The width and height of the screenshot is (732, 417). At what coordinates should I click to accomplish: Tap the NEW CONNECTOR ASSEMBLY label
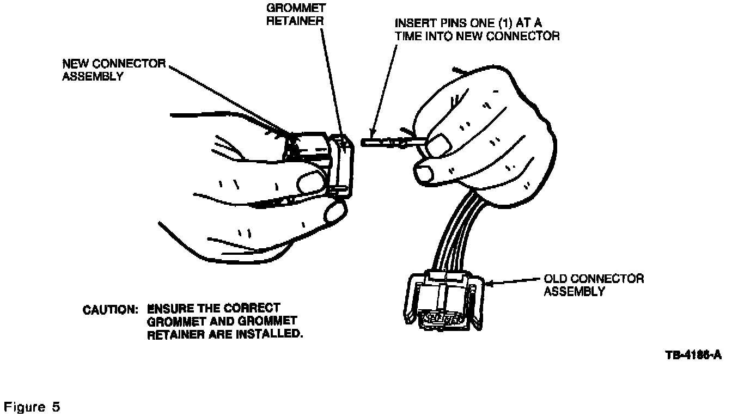pos(113,70)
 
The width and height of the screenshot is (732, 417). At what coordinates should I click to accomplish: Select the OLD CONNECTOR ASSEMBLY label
pos(594,285)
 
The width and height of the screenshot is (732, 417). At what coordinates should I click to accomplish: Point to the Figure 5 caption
pos(32,407)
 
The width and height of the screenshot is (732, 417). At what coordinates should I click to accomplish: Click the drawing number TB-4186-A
pos(693,355)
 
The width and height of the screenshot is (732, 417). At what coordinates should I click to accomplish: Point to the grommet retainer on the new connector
pos(343,166)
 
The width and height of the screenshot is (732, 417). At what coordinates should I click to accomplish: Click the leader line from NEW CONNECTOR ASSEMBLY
pos(229,101)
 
